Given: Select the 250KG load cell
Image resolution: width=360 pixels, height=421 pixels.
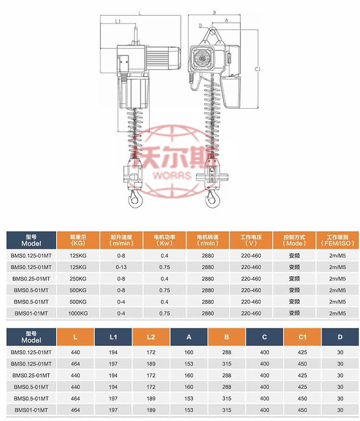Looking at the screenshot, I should tap(78, 279).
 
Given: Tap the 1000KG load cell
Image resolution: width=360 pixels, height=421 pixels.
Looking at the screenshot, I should tap(78, 313).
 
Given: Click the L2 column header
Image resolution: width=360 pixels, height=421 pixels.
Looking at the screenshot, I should tap(151, 337).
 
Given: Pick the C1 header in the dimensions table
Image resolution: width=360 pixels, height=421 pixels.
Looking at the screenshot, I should tap(302, 337).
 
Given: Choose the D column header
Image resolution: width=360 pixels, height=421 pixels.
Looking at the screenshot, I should tap(340, 337).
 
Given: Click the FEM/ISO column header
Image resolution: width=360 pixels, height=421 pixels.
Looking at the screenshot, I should tap(340, 240).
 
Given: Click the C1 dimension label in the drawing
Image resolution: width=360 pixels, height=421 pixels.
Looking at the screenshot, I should tap(258, 70).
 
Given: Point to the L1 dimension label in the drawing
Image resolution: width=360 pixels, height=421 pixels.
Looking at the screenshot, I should tap(118, 22).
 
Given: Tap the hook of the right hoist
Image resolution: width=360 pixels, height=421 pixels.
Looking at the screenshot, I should tap(211, 198).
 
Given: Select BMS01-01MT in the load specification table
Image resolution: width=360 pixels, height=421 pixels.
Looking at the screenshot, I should tap(31, 313).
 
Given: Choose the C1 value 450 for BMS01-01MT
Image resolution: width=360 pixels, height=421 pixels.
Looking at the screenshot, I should tap(302, 410).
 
